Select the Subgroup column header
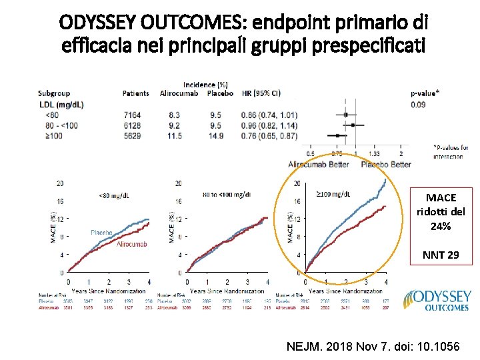click(54, 93)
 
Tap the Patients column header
click(136, 93)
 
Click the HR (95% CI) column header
click(261, 93)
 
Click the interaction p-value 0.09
click(419, 104)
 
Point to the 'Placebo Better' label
click(387, 164)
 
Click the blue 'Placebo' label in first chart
click(103, 232)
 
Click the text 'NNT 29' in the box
click(440, 255)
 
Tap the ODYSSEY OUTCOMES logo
click(436, 299)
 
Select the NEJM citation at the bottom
click(377, 347)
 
